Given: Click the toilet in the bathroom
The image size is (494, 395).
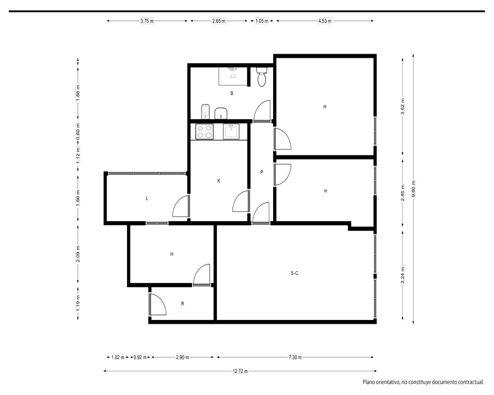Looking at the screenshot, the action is [262, 77].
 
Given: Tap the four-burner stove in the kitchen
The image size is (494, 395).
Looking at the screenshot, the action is [205, 132].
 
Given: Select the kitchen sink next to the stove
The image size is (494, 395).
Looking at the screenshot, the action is [231, 131].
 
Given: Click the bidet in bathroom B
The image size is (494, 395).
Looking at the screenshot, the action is [206, 112].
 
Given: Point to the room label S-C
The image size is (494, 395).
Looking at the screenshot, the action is [294, 274].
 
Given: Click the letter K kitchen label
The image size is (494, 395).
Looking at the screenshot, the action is [219, 181].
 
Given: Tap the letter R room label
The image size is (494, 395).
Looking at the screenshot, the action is [182, 304].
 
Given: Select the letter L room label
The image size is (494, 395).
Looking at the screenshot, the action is [147, 198].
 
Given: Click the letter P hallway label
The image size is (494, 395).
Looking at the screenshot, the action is [261, 172].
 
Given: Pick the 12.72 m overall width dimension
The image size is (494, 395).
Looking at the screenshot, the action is [240, 371].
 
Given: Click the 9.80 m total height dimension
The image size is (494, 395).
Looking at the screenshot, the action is [413, 189].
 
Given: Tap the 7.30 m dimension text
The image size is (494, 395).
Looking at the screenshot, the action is [295, 357].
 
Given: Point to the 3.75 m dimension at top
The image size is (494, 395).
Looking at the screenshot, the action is [147, 21].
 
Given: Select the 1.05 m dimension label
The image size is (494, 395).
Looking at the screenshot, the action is [261, 21].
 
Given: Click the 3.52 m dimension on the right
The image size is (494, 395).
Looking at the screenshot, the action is [403, 107].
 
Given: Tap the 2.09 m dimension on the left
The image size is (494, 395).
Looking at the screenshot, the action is [78, 254].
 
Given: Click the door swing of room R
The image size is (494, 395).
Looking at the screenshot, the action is [158, 304].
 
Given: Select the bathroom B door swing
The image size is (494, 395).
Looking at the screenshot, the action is [262, 111].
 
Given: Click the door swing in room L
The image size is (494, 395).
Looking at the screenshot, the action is [181, 206].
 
